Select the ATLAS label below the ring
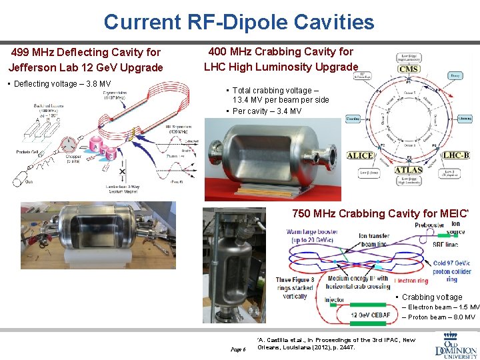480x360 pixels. pos(408,171)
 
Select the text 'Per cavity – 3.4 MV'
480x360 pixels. pos(267,111)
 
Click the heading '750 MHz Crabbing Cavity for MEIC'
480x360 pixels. pos(380,214)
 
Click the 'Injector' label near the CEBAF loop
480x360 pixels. pos(335,299)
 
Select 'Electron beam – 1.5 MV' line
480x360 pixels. pos(443,307)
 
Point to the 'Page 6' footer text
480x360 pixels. pos(238,349)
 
